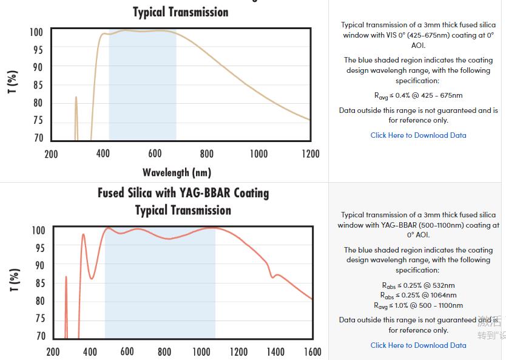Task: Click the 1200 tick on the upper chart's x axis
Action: point(310,154)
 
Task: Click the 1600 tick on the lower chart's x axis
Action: point(312,352)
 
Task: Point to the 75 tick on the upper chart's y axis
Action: point(38,120)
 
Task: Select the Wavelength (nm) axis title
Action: point(177,172)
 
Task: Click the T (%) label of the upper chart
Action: point(13,83)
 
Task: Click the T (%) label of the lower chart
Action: point(14,280)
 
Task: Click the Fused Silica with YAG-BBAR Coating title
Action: point(183,193)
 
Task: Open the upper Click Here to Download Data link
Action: point(418,135)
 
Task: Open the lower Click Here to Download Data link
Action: point(418,345)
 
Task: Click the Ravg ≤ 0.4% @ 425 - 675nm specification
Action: point(418,95)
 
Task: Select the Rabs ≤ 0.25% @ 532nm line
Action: point(418,285)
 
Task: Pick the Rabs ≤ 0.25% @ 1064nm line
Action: point(418,296)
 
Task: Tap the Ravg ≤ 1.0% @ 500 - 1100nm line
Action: point(418,305)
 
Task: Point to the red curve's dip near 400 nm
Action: point(92,278)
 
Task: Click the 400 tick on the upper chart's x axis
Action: point(103,154)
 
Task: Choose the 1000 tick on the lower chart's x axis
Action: point(201,352)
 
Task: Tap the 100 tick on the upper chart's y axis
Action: point(36,32)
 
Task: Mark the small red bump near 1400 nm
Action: point(277,275)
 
